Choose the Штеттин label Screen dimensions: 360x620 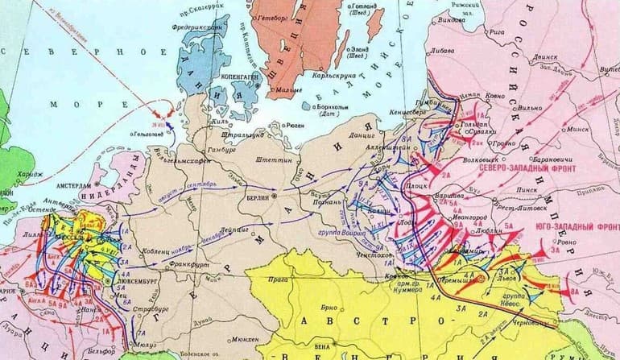tap(271, 159)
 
